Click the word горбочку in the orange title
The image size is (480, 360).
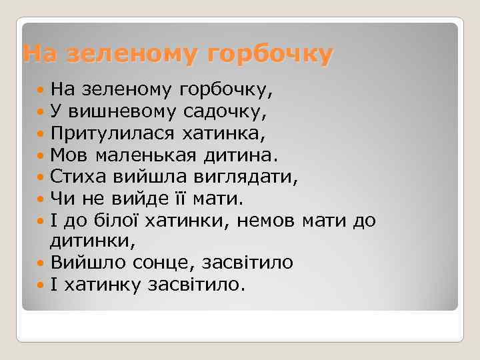(x=269, y=55)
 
